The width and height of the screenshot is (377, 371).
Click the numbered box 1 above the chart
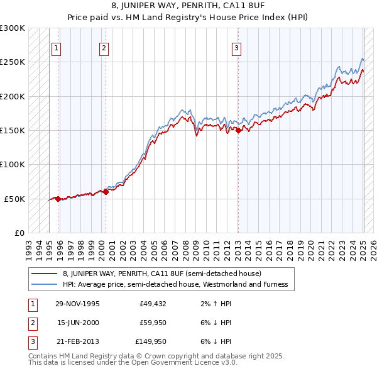[x=57, y=47]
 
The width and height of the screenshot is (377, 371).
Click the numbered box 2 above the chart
[x=104, y=47]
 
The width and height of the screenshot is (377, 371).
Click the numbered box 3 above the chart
[x=237, y=47]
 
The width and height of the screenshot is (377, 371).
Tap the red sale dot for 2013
[x=238, y=130]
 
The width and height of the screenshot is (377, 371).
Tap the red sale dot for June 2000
[x=106, y=192]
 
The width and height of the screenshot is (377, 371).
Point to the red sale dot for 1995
[x=58, y=199]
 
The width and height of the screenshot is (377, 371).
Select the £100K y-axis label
[x=13, y=164]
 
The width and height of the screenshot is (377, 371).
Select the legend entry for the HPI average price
[x=175, y=284]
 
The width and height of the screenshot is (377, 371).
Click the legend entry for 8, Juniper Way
[x=166, y=274]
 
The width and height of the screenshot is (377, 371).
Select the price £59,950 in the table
[x=153, y=323]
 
